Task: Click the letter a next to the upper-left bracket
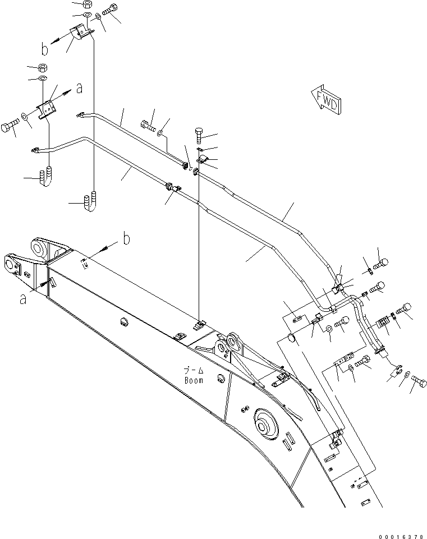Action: pos(79,87)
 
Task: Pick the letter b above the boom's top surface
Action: pos(126,239)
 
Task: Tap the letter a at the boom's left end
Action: pos(23,299)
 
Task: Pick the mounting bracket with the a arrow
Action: pos(48,108)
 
